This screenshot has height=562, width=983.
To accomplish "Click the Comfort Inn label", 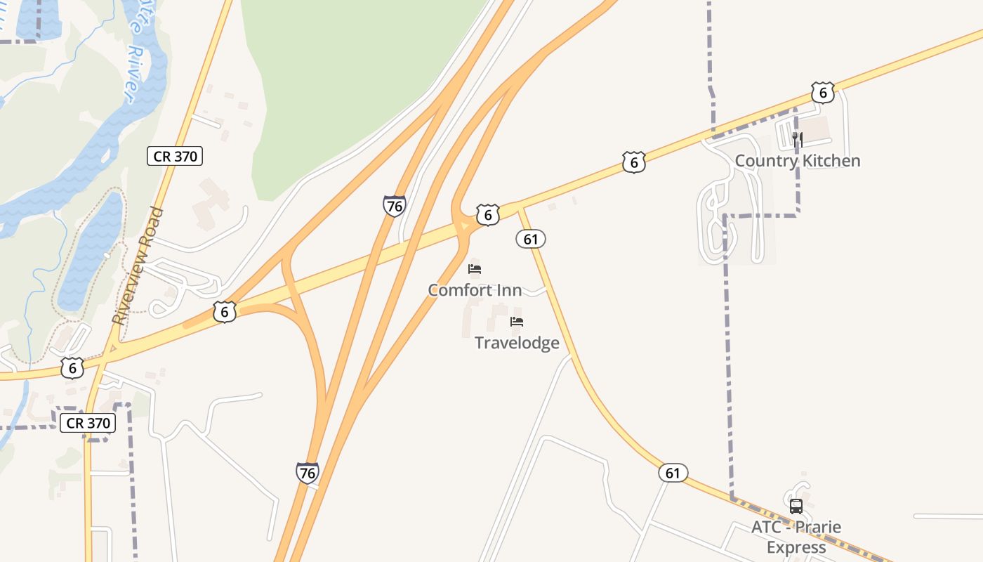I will click(475, 289).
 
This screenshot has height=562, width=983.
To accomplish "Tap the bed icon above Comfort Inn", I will click(475, 269).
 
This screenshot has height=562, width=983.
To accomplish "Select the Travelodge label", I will click(517, 343).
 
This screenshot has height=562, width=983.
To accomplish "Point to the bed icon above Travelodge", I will click(517, 322).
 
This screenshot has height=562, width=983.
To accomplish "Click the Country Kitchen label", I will click(797, 161).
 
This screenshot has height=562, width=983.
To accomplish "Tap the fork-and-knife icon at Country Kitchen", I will click(797, 139).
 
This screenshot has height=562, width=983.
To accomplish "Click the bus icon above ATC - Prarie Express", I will click(796, 507).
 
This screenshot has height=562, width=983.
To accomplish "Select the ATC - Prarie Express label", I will click(796, 537).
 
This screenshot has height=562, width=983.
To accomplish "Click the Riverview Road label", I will click(137, 265).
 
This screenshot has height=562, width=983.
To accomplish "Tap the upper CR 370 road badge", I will click(175, 156).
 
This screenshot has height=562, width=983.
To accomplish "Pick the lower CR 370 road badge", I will click(88, 423).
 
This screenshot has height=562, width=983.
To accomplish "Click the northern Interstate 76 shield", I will click(394, 206).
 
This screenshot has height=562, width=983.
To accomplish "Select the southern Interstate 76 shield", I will click(307, 473).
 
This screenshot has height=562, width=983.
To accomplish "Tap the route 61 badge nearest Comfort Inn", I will click(530, 239).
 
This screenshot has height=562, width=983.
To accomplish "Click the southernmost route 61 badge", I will click(673, 473).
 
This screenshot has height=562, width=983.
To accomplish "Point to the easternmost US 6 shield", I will click(822, 92).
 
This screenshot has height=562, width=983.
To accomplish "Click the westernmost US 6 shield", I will click(72, 367).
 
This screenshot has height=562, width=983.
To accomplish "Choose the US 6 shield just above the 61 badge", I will click(487, 214).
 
